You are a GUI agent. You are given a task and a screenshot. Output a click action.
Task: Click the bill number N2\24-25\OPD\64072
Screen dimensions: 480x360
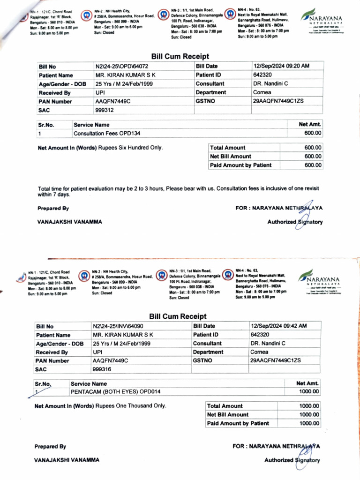122,67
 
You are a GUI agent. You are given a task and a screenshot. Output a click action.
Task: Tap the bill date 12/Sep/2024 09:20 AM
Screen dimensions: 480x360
281,67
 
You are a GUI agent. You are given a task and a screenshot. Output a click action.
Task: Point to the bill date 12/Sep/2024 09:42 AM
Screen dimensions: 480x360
279,326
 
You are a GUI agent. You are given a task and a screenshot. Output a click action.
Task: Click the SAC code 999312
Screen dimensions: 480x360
105,110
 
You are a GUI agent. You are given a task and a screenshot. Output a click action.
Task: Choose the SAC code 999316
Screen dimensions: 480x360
102,369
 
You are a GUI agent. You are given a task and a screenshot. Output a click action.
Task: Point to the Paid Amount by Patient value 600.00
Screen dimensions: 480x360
313,165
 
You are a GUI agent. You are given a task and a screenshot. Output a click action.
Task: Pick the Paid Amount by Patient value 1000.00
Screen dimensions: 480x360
309,423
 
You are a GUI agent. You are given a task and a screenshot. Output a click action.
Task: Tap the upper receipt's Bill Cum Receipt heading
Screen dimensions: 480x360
180,56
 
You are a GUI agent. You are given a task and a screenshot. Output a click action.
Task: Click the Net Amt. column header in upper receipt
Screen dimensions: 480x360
310,125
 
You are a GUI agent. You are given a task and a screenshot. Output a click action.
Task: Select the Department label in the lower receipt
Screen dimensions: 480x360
208,352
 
